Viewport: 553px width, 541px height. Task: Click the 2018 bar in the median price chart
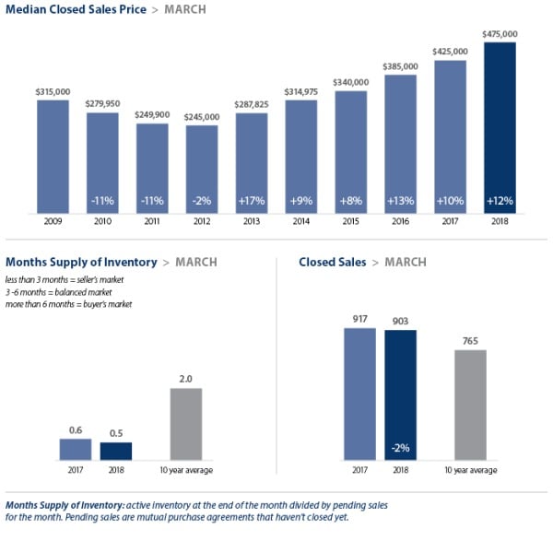pos(499,129)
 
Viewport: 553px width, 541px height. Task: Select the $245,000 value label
pos(202,117)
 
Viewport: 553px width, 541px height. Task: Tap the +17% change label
pos(252,199)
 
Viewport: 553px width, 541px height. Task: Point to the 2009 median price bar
pos(53,157)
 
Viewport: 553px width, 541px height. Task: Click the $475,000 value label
pos(499,34)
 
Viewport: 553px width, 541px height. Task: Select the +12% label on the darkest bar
pos(499,199)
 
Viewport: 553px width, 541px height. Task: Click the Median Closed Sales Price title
pos(74,10)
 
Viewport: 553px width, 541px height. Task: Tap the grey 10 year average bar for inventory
pos(186,423)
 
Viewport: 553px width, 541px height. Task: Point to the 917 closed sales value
pos(359,319)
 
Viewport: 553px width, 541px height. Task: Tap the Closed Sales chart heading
pos(332,263)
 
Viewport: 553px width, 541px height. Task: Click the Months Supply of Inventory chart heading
pos(81,263)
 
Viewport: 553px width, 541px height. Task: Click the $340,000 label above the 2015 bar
pos(351,82)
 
